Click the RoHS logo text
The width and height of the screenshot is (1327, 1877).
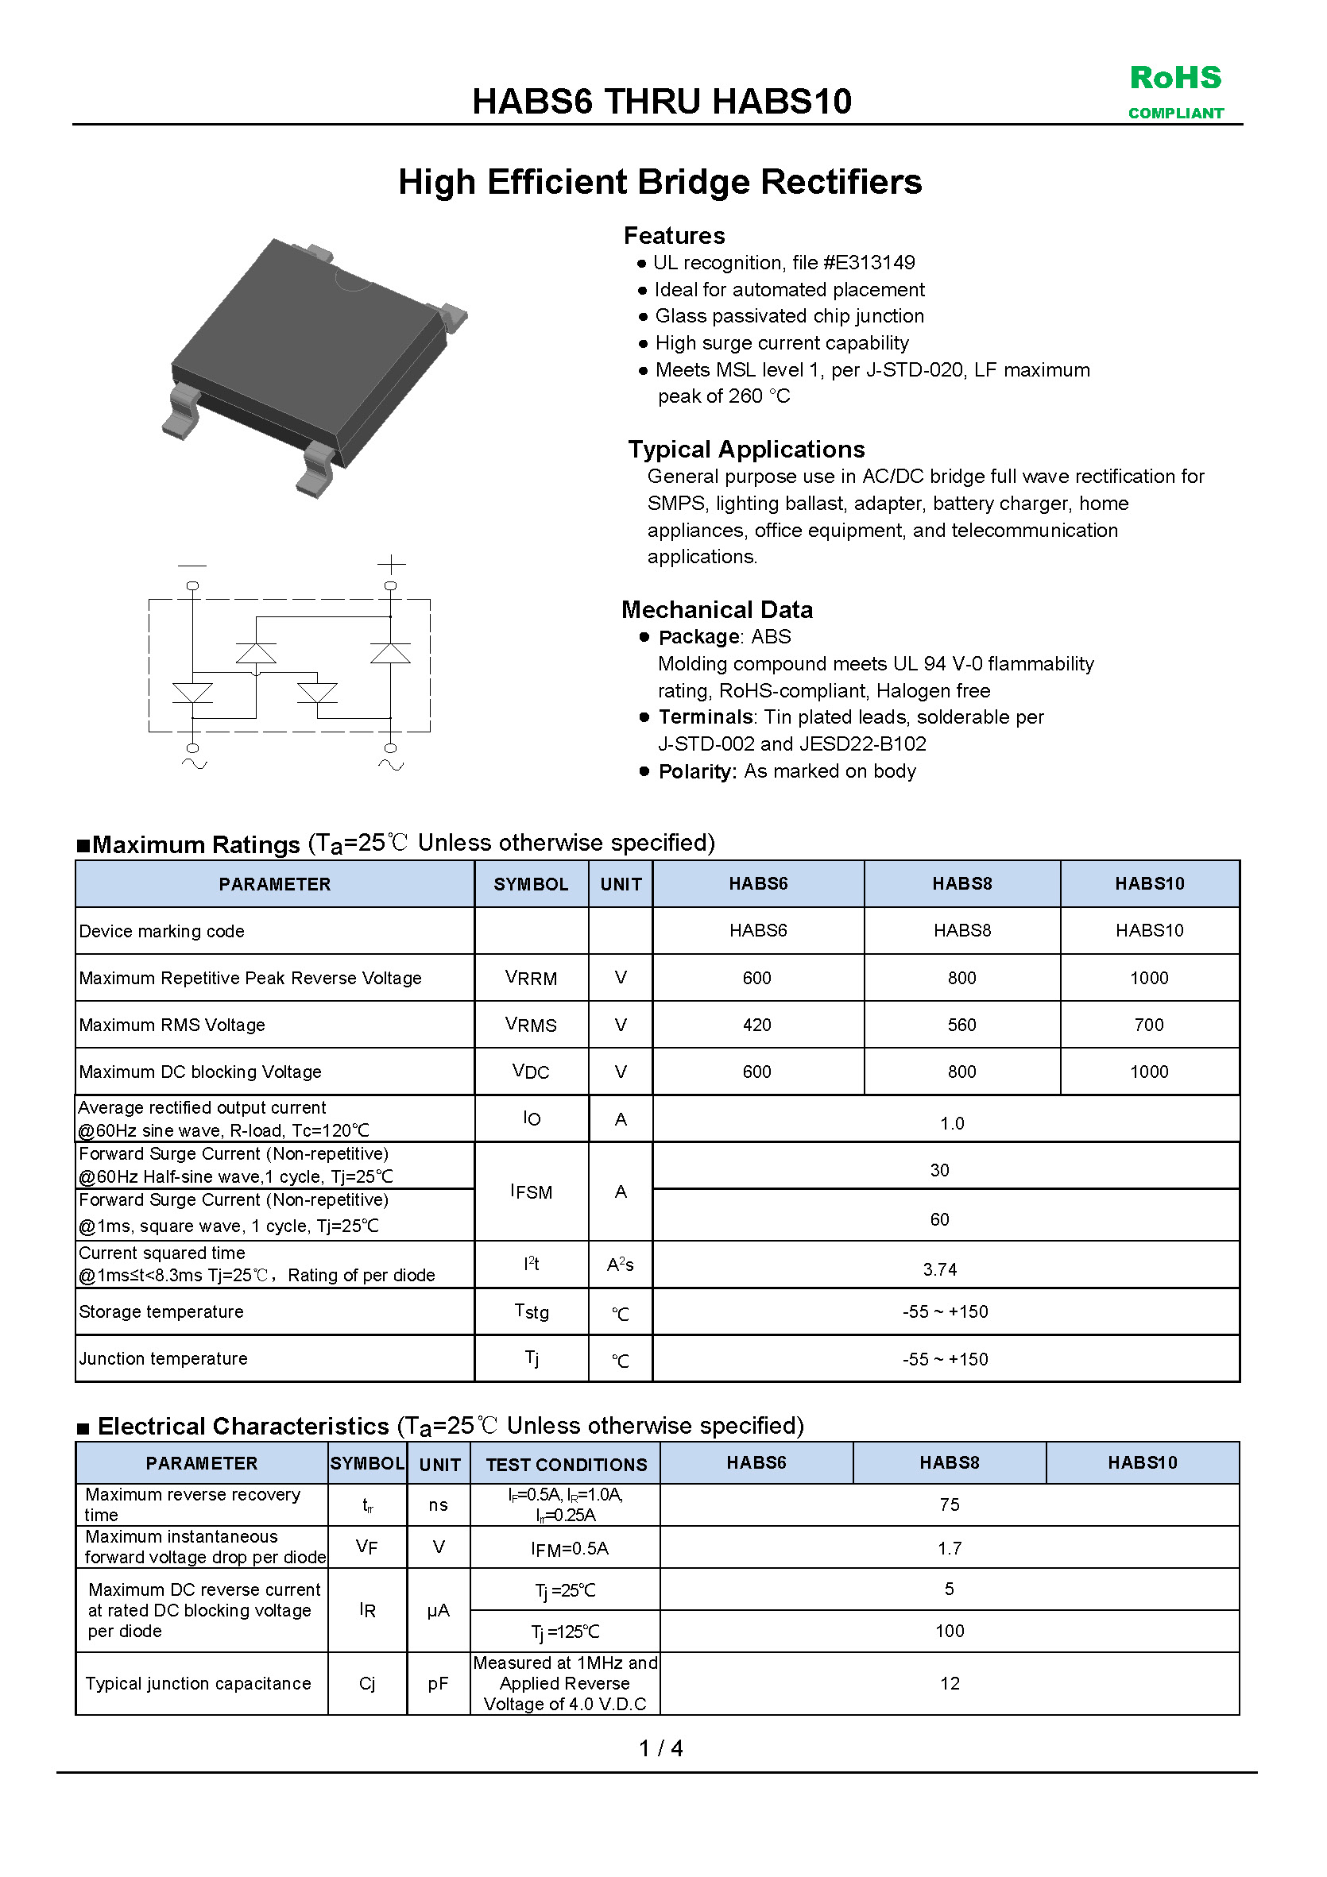coord(1175,78)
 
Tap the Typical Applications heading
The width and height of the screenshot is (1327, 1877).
coord(745,449)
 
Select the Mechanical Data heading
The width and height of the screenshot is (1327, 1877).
coord(716,609)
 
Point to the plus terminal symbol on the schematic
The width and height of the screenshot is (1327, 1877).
coord(391,564)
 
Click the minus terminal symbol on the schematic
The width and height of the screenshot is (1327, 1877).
coord(192,565)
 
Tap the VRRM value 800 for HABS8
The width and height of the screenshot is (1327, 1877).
coord(961,978)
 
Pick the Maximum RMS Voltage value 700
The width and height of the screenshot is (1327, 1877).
coord(1149,1025)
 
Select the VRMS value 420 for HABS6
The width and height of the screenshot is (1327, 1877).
coord(756,1025)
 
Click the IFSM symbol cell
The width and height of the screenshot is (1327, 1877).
coord(531,1191)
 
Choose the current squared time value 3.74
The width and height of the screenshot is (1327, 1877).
coord(939,1269)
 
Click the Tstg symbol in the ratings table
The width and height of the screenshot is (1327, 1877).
coord(531,1311)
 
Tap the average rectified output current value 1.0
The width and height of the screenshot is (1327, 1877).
coord(952,1123)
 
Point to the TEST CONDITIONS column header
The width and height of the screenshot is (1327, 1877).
coord(566,1464)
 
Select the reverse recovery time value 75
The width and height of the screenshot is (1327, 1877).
coord(949,1504)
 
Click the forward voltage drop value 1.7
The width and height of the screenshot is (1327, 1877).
coord(949,1547)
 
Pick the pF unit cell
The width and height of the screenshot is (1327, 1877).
coord(439,1683)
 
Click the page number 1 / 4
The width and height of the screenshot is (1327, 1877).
coord(660,1748)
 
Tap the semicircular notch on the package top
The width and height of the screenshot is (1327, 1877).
coord(354,280)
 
